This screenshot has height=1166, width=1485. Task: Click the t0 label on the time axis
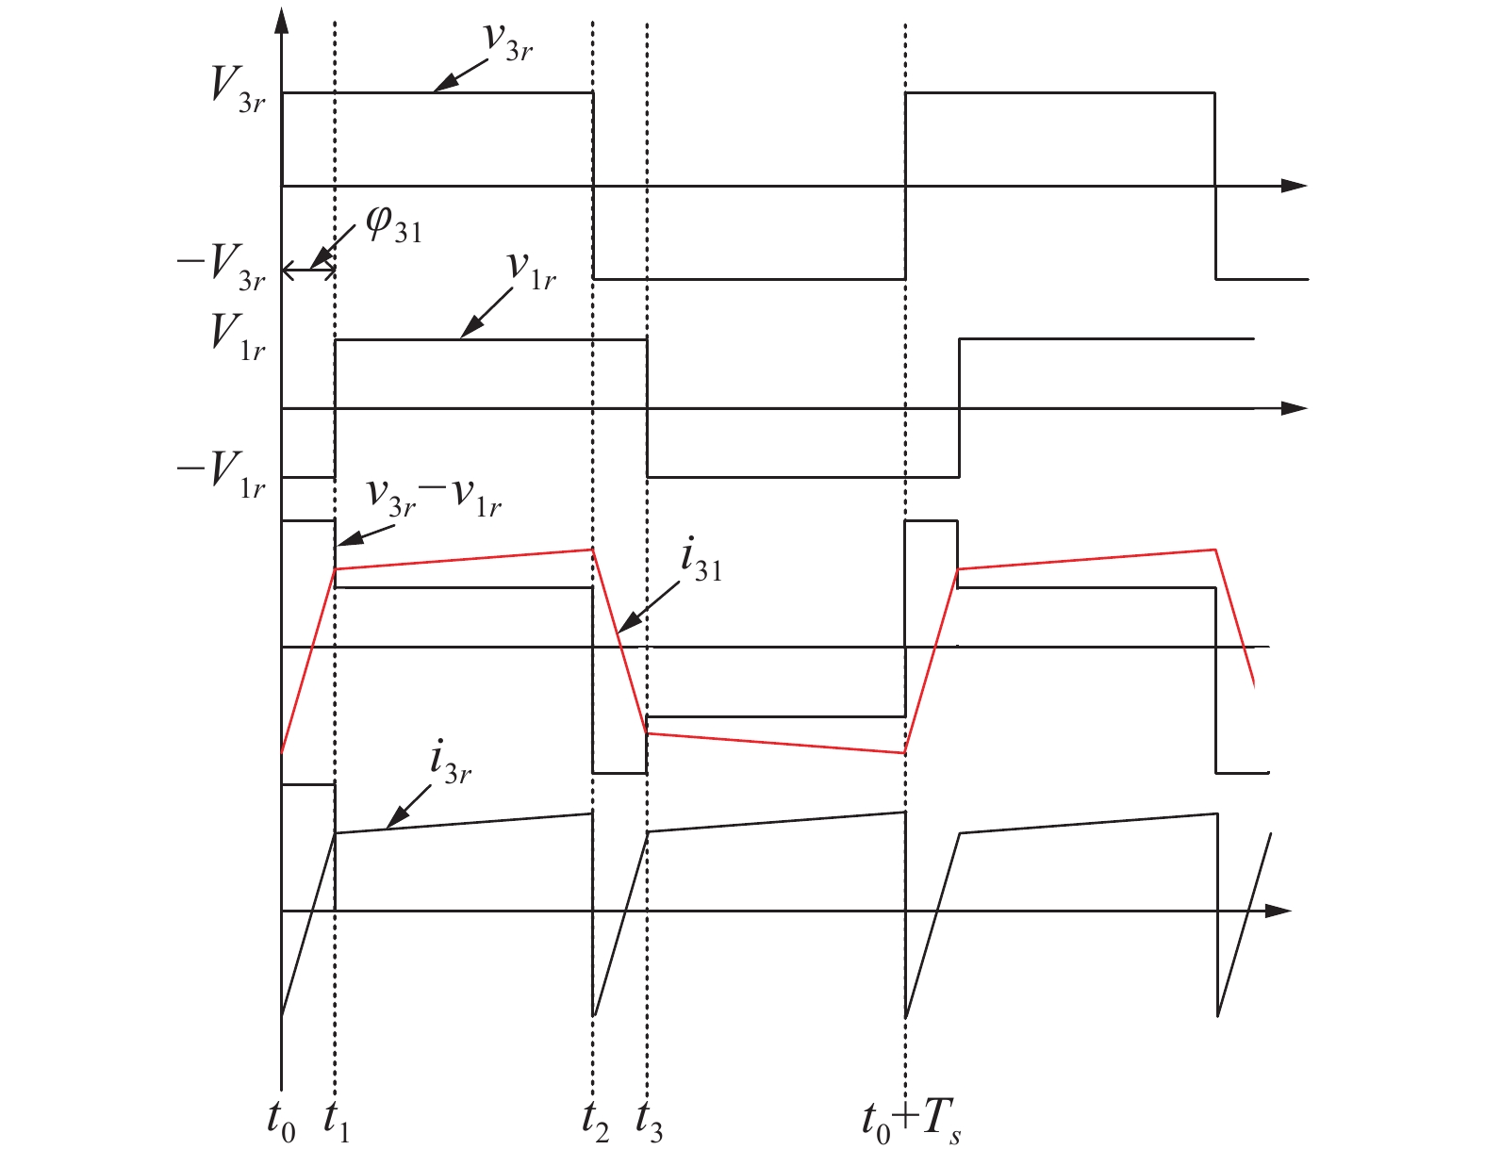[281, 1121]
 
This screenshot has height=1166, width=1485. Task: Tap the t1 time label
[336, 1121]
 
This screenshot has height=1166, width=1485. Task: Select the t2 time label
[595, 1121]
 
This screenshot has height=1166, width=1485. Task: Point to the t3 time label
[649, 1121]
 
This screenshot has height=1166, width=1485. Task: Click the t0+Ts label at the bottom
[911, 1121]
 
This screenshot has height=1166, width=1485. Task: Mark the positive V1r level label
[237, 337]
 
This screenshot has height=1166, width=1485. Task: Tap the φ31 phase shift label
[393, 226]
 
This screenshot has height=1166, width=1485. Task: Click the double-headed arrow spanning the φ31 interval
[308, 271]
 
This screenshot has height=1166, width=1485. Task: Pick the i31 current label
[701, 563]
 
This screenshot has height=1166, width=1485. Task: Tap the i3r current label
[450, 762]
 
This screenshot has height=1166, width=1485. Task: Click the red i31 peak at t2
[592, 549]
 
